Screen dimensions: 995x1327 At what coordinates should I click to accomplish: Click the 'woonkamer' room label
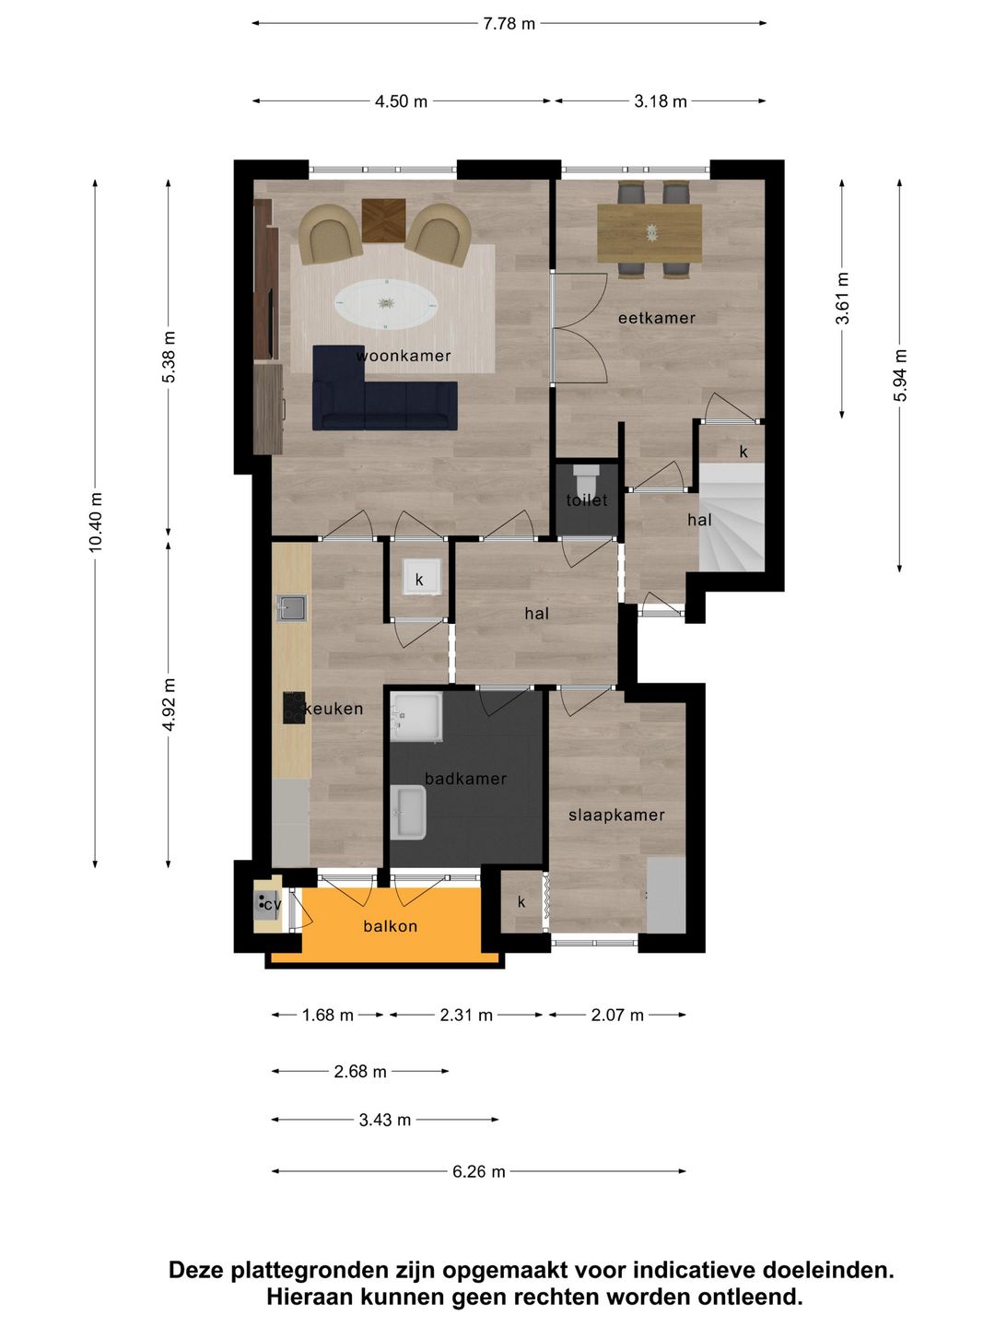(403, 356)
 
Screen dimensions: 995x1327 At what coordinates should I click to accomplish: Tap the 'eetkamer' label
(657, 317)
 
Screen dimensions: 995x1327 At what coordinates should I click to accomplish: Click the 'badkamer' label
(465, 779)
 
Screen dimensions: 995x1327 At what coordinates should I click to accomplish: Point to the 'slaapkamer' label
(616, 815)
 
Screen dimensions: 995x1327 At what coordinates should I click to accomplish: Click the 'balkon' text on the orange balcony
(391, 925)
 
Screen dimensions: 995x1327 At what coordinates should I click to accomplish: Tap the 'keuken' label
(334, 709)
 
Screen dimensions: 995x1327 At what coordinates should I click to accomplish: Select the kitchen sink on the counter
(292, 608)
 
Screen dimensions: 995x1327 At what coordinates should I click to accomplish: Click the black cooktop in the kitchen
(294, 708)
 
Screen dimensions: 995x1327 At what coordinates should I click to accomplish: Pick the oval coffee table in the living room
(387, 303)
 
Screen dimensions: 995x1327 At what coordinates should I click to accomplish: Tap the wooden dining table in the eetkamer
(650, 233)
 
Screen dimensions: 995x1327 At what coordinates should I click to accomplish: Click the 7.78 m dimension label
(509, 24)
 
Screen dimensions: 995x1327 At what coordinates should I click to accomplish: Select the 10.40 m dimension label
(96, 522)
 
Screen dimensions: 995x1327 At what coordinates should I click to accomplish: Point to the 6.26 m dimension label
(478, 1171)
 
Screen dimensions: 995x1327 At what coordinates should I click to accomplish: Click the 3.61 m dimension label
(842, 298)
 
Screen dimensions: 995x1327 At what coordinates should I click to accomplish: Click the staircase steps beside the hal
(732, 517)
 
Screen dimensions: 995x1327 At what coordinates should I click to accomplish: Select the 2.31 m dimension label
(466, 1015)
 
